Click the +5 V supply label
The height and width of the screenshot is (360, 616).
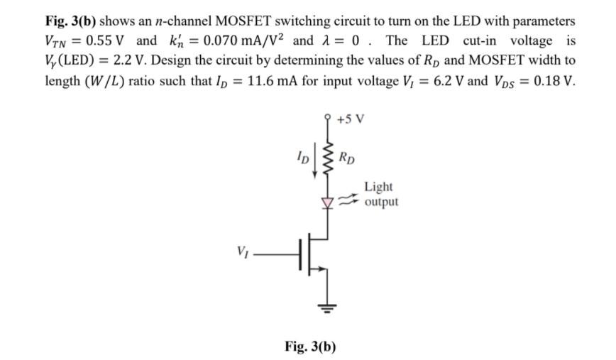tap(351, 119)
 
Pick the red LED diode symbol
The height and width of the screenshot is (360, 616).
tap(327, 202)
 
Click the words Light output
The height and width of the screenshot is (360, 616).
tap(381, 195)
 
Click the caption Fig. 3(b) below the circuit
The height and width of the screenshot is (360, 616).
tap(310, 347)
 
